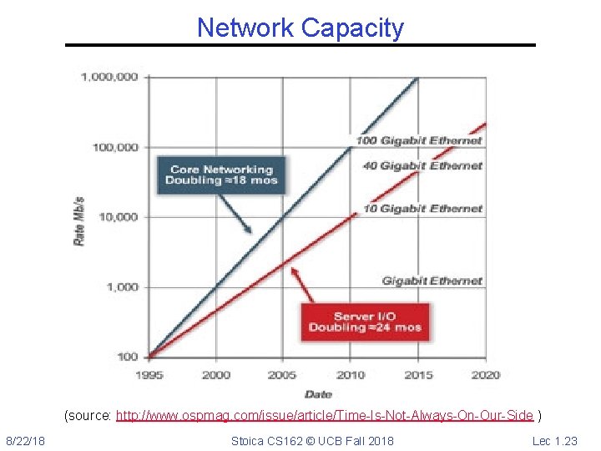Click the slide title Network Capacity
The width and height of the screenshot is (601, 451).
click(300, 28)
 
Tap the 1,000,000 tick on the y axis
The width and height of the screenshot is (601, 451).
click(110, 77)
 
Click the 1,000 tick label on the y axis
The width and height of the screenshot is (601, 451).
click(122, 287)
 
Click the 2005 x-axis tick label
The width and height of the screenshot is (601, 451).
click(282, 375)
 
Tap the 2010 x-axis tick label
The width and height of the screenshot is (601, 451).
click(351, 375)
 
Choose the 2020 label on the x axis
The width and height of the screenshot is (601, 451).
click(485, 375)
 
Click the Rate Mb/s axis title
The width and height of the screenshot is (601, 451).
click(80, 221)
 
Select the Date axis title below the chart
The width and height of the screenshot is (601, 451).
click(317, 393)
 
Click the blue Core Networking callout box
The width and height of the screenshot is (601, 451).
click(222, 175)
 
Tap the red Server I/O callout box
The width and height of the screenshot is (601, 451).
click(365, 322)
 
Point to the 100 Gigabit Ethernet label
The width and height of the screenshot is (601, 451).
click(419, 140)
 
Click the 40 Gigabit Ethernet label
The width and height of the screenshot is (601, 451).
click(422, 165)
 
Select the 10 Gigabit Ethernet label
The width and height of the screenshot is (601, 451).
click(422, 208)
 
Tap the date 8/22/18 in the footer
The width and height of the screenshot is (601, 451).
click(26, 440)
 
